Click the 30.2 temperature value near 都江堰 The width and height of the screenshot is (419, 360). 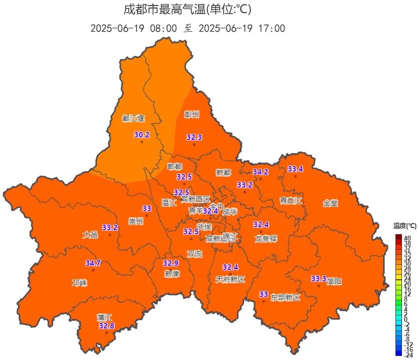[142, 135]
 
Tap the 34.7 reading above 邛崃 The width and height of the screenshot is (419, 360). [93, 263]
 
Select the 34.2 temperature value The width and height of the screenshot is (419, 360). [260, 171]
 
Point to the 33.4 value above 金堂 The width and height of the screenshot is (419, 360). [295, 169]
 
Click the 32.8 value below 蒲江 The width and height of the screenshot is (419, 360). [106, 326]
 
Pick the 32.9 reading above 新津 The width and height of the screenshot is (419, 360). [171, 263]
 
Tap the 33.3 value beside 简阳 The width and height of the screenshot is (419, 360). [318, 278]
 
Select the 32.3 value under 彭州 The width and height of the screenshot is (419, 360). [194, 137]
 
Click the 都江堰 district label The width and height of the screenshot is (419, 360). [133, 118]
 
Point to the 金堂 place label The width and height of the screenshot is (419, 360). [330, 203]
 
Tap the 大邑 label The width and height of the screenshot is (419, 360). [90, 234]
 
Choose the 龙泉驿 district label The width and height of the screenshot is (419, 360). [266, 239]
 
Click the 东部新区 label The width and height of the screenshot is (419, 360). [285, 297]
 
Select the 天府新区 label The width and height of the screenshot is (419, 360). [230, 279]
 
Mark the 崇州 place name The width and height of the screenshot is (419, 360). [136, 221]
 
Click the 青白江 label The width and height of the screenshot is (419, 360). [291, 201]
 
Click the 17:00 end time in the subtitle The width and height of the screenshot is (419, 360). [273, 28]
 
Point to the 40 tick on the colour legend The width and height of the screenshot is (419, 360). [407, 237]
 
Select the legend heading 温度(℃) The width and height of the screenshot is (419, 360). [405, 226]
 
